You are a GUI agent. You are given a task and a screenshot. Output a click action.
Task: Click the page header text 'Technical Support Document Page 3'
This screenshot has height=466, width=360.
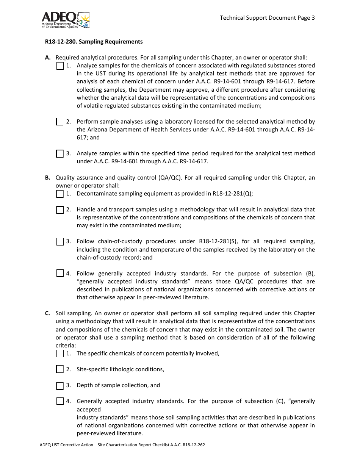267,17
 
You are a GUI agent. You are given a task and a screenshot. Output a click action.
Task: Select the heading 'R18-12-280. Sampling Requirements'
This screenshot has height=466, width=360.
94,42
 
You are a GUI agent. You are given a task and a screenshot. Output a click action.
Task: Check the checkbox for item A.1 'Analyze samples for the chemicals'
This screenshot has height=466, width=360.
60,66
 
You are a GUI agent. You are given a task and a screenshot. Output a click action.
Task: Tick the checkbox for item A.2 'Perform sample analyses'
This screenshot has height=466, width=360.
60,122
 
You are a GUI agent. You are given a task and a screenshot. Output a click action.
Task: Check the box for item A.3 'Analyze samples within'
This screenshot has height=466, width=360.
60,153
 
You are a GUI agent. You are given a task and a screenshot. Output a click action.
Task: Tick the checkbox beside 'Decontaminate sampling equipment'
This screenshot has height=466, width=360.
60,194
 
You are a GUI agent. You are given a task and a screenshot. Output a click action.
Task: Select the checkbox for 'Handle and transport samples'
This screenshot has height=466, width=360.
60,210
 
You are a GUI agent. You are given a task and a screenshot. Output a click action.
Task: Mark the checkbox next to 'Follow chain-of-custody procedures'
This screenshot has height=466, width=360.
60,241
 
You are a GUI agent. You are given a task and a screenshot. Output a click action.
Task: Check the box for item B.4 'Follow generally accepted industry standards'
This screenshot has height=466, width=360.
60,273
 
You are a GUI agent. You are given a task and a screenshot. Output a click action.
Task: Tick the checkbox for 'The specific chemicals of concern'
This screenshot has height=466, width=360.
60,353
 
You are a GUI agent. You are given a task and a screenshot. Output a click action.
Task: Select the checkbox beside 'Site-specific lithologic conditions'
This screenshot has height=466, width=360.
60,369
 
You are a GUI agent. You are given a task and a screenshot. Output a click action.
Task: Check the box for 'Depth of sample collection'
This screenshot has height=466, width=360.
60,386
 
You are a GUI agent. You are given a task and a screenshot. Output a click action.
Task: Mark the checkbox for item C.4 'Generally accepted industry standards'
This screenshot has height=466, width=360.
60,401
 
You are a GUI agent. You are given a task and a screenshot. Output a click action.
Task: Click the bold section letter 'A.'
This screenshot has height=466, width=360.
48,58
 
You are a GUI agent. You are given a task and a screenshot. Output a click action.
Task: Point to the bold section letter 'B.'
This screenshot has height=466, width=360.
48,178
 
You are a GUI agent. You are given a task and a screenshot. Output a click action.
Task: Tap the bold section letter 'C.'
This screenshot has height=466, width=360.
48,313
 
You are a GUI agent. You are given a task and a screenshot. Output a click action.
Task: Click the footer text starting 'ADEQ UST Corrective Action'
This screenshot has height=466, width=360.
122,445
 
